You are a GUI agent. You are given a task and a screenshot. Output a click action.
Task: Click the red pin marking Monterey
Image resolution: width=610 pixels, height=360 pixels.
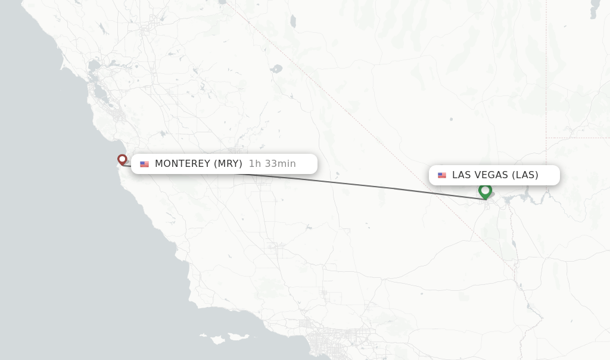pos(122,159)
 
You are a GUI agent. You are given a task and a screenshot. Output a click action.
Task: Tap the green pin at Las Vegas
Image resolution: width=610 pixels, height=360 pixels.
pos(485,191)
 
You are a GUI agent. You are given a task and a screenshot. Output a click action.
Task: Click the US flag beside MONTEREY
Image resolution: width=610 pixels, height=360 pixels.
pos(144,164)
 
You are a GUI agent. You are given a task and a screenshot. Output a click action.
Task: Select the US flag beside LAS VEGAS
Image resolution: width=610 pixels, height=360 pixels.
pos(442,175)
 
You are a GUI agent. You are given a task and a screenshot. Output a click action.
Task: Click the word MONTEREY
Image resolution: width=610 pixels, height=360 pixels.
pos(182,164)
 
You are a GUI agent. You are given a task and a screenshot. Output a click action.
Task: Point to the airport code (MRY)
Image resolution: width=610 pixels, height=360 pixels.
pos(228,164)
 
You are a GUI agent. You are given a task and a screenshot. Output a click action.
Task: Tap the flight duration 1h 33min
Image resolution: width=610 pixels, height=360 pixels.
pos(272,164)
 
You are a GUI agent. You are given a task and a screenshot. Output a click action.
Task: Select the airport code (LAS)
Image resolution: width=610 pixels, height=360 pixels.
pos(525,175)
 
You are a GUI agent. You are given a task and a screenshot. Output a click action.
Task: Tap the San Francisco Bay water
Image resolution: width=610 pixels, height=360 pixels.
pos(95,89)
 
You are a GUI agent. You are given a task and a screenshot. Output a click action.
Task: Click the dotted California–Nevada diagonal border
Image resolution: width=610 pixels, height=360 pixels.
pos(357,119)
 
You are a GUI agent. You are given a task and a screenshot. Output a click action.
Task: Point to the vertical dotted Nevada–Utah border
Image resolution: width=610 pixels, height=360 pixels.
pos(546,72)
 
